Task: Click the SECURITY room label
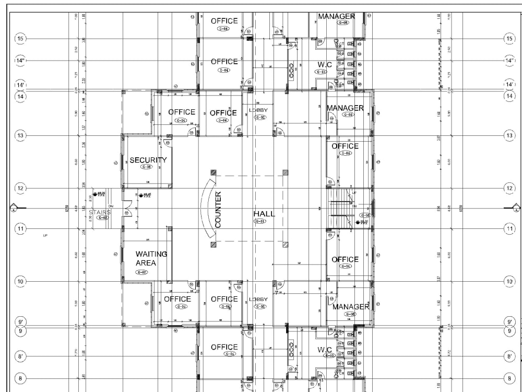click(148, 160)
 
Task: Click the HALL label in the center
click(264, 214)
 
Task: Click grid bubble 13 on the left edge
click(21, 136)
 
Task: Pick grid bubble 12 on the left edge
click(21, 188)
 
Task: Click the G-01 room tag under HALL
click(259, 222)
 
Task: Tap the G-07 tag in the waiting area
click(141, 272)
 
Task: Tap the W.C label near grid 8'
click(325, 349)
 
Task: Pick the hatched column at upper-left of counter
click(213, 172)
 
